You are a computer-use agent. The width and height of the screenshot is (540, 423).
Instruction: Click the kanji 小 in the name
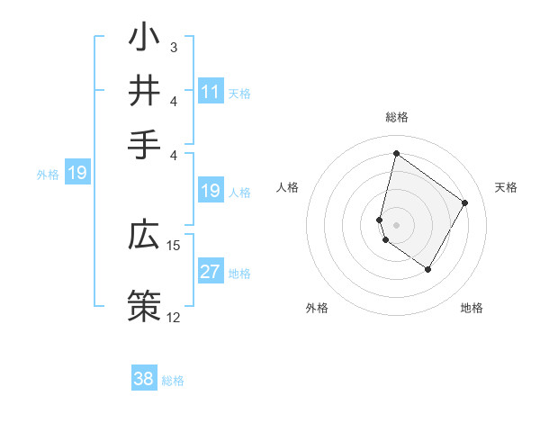click(145, 40)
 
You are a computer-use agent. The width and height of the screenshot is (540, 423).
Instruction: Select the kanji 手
click(145, 142)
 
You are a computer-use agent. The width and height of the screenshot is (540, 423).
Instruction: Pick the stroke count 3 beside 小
click(173, 46)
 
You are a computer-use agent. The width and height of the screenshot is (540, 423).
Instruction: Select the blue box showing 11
click(211, 92)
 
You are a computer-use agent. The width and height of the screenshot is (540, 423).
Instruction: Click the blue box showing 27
click(211, 273)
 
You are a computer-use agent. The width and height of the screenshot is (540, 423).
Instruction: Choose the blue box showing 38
click(144, 379)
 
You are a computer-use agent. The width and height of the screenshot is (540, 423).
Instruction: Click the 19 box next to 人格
click(211, 191)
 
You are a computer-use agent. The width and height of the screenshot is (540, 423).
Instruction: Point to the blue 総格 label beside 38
click(173, 381)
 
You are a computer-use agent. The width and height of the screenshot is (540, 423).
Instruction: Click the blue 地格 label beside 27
click(239, 274)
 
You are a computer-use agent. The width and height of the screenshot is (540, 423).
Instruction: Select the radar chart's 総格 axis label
click(396, 117)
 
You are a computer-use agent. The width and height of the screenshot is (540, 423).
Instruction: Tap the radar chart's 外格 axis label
click(317, 308)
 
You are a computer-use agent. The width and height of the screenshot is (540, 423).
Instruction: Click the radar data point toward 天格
click(464, 203)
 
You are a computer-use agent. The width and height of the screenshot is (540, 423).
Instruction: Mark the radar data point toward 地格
click(427, 269)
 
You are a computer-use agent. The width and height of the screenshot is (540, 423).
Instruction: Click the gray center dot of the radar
click(396, 224)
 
